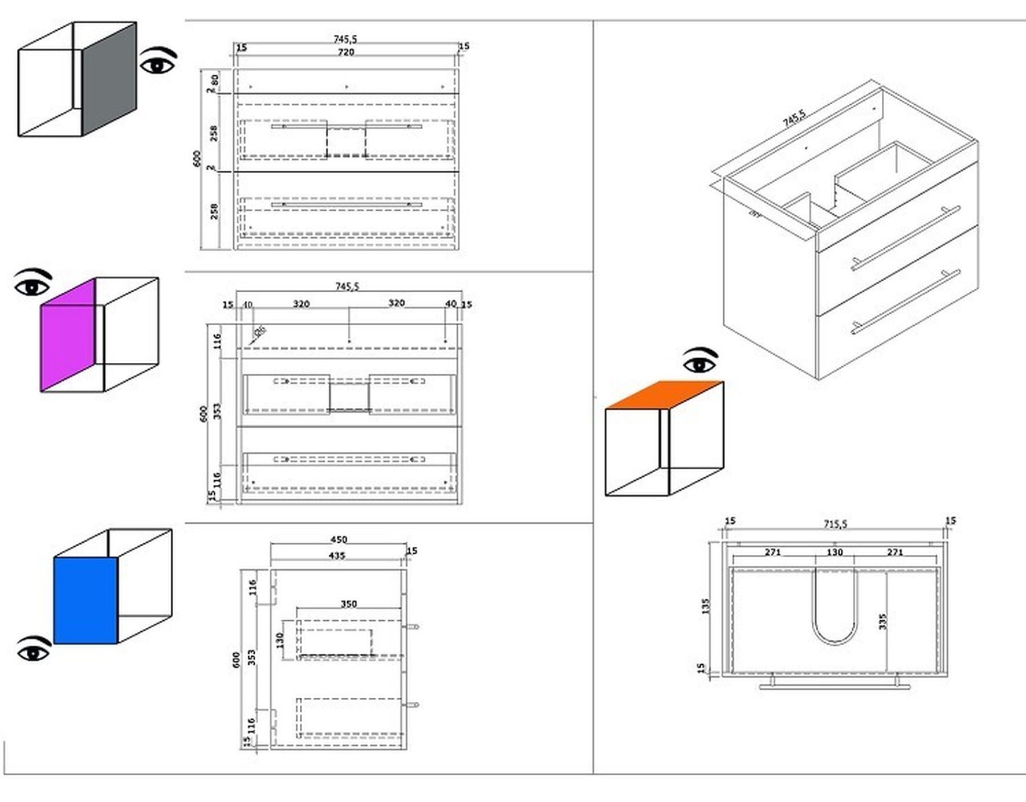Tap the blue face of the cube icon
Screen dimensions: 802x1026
point(85,600)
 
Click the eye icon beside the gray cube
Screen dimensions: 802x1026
point(158,62)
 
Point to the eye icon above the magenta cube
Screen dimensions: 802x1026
point(32,283)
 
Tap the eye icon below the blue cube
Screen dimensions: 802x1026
point(34,650)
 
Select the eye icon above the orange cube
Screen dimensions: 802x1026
point(701,361)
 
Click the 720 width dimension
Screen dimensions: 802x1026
point(346,52)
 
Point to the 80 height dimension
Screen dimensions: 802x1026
point(215,80)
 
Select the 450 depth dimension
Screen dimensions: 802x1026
point(339,539)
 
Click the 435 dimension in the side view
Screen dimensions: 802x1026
point(337,555)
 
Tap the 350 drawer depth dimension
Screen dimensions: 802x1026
point(349,604)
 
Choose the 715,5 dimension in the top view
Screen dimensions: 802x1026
point(835,524)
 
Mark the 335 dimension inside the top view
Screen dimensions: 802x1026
point(883,621)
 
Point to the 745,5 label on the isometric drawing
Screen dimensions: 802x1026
point(794,118)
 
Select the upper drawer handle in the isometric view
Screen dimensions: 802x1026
point(906,238)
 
